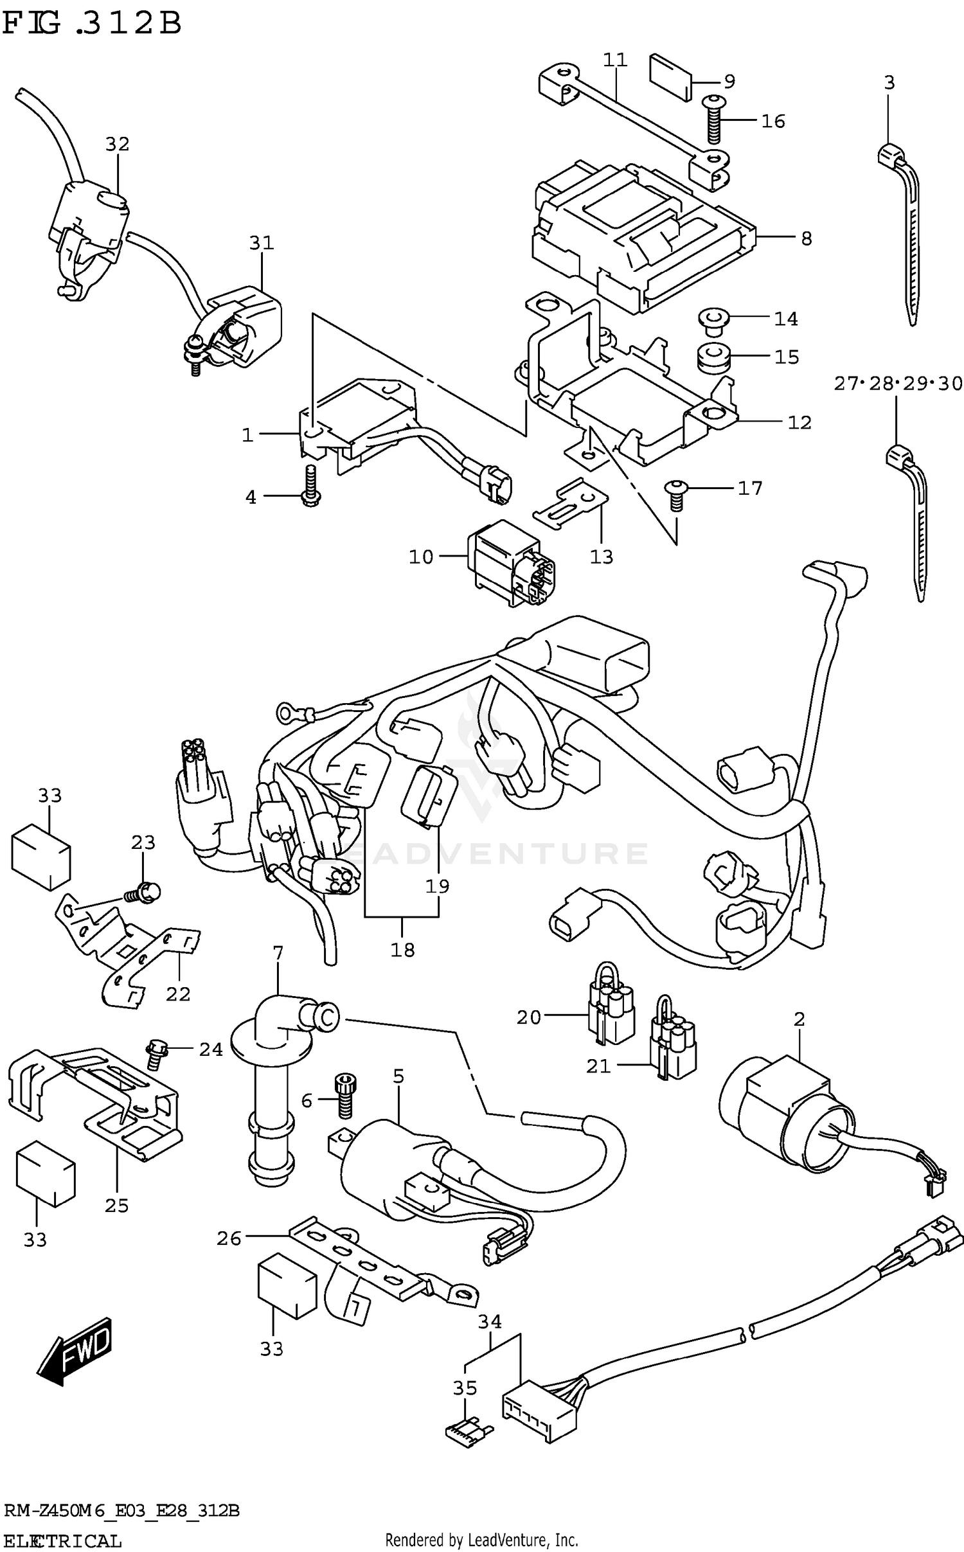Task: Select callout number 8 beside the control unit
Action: point(807,238)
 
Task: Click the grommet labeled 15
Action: point(713,357)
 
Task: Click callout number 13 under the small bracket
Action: point(602,557)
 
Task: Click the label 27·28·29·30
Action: point(898,384)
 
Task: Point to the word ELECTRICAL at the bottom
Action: point(62,1540)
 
